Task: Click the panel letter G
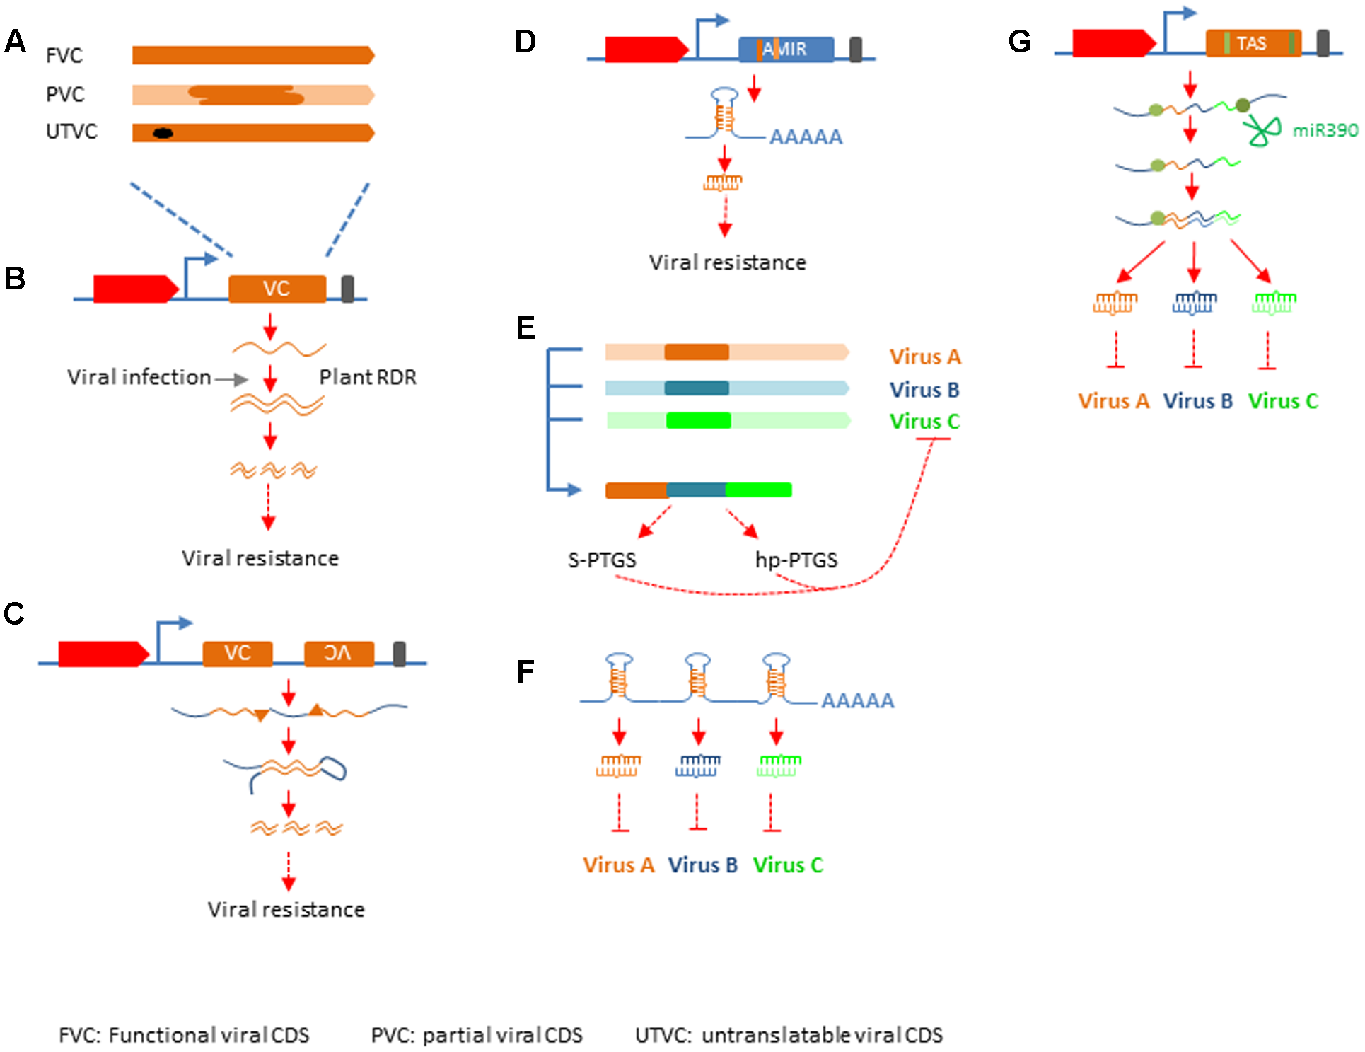click(1018, 42)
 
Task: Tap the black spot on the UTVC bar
click(163, 133)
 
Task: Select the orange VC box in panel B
click(277, 289)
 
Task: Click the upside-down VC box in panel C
click(338, 653)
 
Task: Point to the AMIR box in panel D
click(786, 50)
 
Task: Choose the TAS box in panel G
click(1253, 44)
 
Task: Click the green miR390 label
click(1325, 130)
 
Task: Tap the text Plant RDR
click(368, 377)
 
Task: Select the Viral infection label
click(139, 377)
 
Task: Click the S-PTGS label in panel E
click(602, 560)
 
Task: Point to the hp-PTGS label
click(796, 560)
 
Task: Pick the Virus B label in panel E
click(924, 390)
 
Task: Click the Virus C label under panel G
click(1282, 401)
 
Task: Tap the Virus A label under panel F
click(618, 865)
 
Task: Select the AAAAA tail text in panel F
click(857, 700)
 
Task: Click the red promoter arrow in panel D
click(646, 49)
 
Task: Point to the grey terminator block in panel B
click(347, 289)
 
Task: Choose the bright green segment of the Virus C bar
click(698, 421)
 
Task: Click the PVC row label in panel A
click(64, 94)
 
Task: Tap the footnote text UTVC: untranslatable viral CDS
click(789, 1035)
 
